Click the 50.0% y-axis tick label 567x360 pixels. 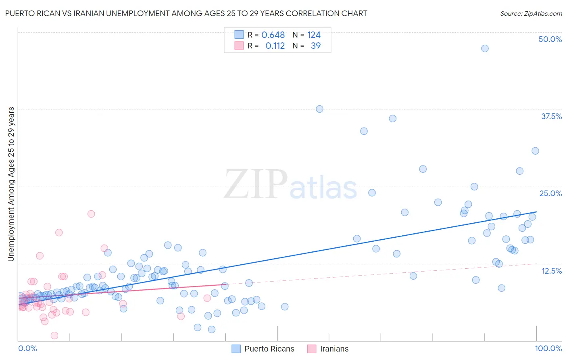click(x=550, y=39)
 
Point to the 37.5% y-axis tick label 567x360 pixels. click(x=551, y=116)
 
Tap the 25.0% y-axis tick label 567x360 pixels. click(x=550, y=193)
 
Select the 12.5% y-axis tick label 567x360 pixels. click(x=551, y=271)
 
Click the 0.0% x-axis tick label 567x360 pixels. click(x=27, y=348)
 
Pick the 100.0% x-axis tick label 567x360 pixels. click(x=548, y=348)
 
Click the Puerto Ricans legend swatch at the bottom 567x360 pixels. click(x=236, y=349)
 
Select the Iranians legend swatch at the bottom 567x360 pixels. click(x=312, y=349)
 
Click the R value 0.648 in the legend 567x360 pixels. click(x=273, y=35)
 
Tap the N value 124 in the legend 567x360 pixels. click(x=314, y=35)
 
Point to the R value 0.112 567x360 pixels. click(x=275, y=46)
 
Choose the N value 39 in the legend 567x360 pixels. click(x=316, y=46)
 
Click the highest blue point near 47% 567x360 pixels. click(x=485, y=48)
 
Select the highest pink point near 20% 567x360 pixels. click(x=91, y=214)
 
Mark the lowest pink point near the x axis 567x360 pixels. click(x=54, y=335)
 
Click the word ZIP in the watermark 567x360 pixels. click(x=256, y=184)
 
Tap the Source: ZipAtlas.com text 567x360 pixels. click(x=531, y=14)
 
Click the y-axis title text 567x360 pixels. click(x=11, y=184)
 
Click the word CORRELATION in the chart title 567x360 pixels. click(x=313, y=13)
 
